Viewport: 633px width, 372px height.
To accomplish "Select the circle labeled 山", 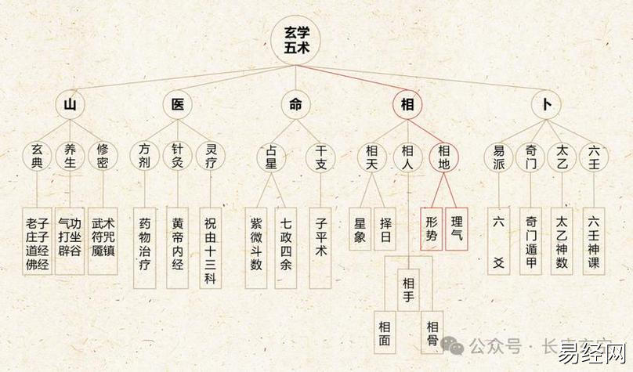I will point(70,104).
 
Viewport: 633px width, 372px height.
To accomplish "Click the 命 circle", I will point(295,104).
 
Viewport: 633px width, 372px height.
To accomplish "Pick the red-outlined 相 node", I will point(407,104).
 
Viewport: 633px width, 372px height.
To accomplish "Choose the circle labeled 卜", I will point(545,104).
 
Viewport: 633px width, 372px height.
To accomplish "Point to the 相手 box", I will point(409,291).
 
